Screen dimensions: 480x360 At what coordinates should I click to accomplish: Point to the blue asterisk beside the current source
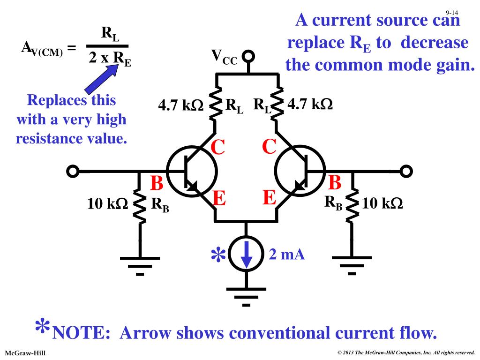click(218, 255)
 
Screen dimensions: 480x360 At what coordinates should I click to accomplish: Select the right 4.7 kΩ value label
click(310, 104)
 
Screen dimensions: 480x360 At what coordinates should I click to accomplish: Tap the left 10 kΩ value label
click(107, 203)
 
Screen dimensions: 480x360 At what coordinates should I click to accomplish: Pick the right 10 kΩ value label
click(382, 203)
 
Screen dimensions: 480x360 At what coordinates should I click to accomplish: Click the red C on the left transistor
click(217, 147)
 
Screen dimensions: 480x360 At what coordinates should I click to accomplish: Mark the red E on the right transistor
click(270, 197)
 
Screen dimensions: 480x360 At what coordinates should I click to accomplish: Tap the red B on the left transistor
click(157, 183)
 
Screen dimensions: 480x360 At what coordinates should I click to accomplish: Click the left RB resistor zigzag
click(140, 205)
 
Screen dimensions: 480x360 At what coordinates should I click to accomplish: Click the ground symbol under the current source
click(246, 296)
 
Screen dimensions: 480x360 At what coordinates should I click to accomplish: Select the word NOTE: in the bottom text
click(81, 333)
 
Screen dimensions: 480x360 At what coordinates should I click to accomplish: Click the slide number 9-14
click(452, 13)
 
